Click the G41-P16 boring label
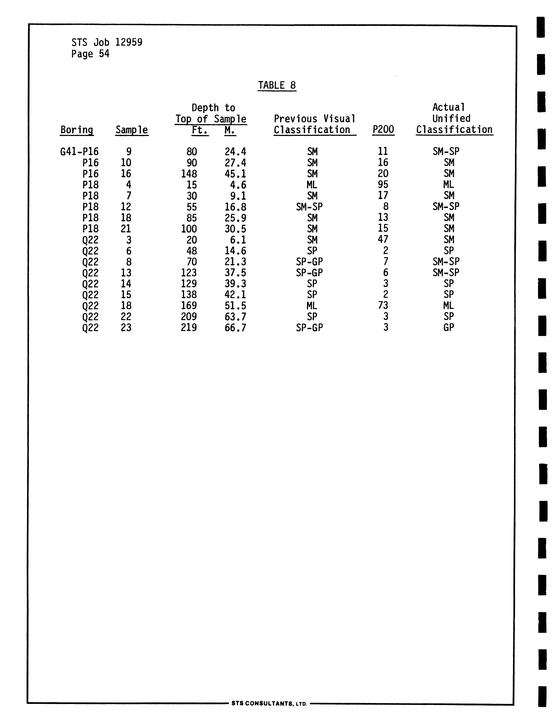tap(79, 152)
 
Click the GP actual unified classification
tap(449, 328)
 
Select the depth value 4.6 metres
tap(238, 185)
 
